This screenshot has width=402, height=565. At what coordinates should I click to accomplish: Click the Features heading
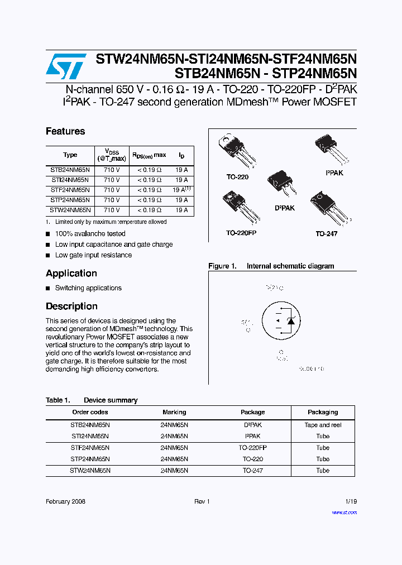click(x=65, y=131)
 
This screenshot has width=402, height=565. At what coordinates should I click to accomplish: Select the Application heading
click(x=71, y=273)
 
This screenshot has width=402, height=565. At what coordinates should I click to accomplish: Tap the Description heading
click(x=71, y=306)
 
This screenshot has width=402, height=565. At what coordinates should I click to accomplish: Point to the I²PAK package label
click(x=334, y=174)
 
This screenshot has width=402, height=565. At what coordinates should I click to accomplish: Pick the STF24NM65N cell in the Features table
click(x=70, y=190)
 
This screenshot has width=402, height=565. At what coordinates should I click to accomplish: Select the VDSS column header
click(x=112, y=155)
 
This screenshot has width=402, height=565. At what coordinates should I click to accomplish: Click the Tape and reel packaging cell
click(x=323, y=425)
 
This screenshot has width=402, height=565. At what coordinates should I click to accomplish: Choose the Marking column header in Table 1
click(x=174, y=412)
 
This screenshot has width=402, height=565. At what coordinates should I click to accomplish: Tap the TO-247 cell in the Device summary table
click(x=252, y=471)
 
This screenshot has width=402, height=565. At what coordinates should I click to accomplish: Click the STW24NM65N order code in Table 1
click(x=90, y=471)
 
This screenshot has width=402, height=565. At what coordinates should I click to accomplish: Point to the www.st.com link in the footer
click(x=344, y=512)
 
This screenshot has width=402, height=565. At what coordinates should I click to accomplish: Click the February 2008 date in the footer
click(x=65, y=502)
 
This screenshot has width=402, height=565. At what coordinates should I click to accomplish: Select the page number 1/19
click(x=351, y=502)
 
